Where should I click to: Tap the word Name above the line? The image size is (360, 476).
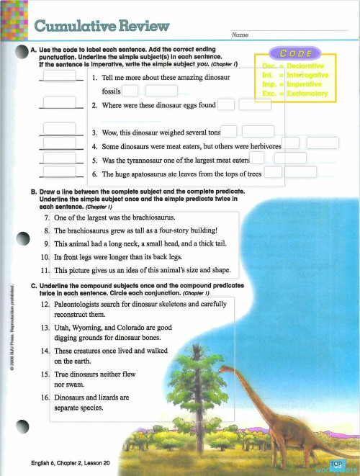click(x=240, y=35)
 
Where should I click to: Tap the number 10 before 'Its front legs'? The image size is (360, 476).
click(x=44, y=256)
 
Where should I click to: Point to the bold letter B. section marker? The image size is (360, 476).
click(x=34, y=192)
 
